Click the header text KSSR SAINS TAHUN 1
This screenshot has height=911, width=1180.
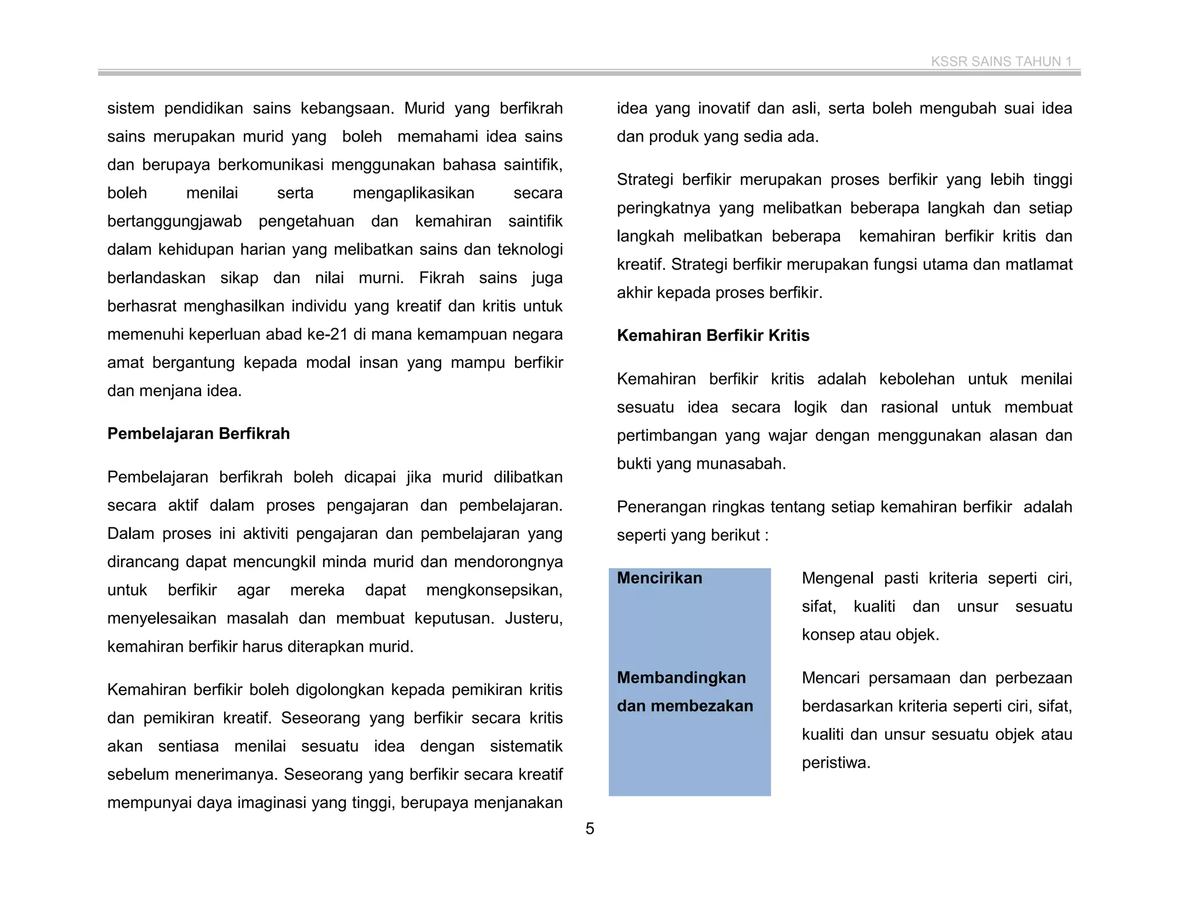coord(1001,62)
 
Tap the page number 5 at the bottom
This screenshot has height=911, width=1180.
coord(590,829)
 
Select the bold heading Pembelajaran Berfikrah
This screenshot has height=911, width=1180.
coord(198,434)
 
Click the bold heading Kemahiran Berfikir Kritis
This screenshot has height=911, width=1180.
coord(713,336)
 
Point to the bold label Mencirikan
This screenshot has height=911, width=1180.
coord(659,578)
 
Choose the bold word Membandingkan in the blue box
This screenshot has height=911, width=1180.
coord(681,678)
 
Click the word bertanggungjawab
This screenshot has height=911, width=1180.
coord(174,222)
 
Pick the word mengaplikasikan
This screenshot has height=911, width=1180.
coord(413,193)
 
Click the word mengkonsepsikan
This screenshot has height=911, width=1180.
coord(494,590)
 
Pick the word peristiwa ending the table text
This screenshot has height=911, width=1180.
coord(835,763)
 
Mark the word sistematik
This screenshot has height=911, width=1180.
coord(525,747)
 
